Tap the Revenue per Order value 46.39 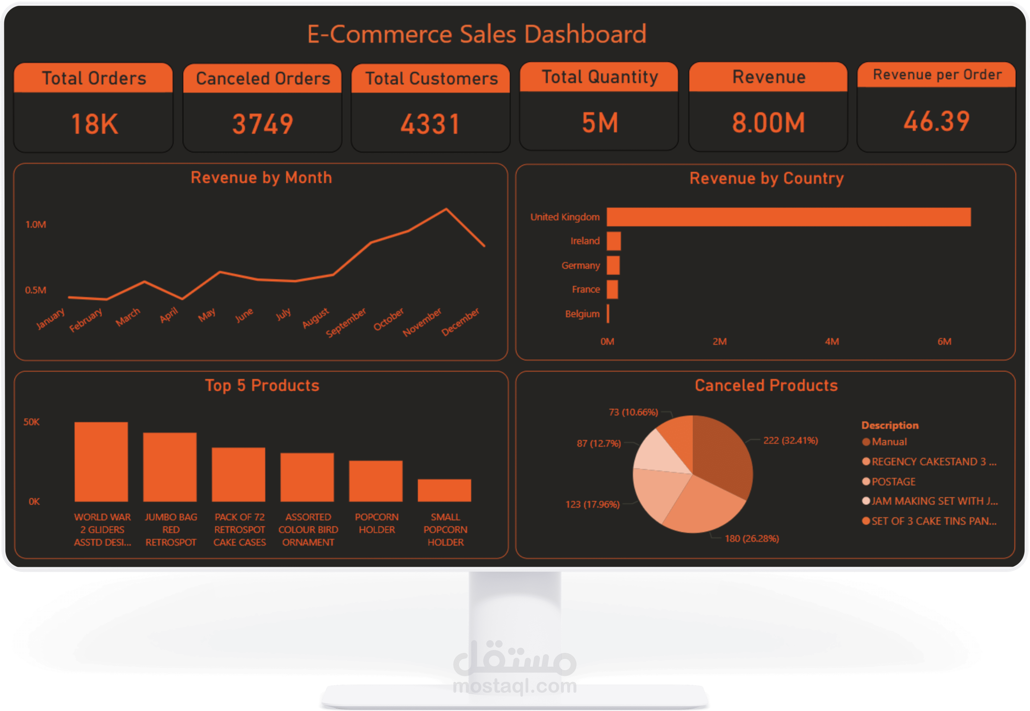(x=937, y=122)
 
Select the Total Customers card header (x=431, y=78)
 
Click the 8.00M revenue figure (x=768, y=123)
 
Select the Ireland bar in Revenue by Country (x=613, y=241)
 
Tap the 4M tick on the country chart (x=832, y=342)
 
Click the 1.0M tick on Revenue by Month (x=36, y=225)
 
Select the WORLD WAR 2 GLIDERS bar (x=101, y=462)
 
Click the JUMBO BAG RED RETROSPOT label (x=171, y=530)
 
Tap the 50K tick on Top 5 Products (x=32, y=422)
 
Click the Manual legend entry (x=889, y=442)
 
